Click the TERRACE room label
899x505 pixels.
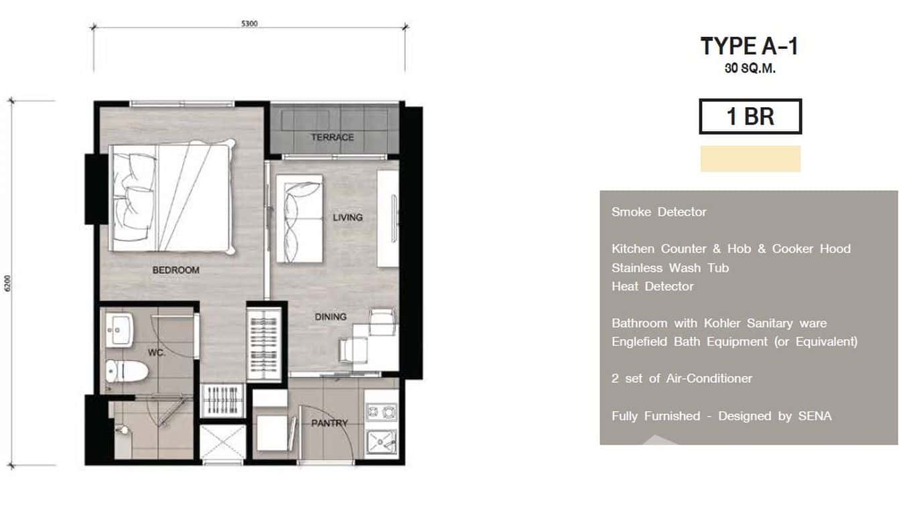coord(332,137)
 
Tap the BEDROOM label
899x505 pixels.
coord(176,270)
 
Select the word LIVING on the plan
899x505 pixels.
coord(348,218)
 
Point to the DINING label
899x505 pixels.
coord(330,317)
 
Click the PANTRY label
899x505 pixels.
coord(330,423)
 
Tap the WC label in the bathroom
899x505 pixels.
coord(156,352)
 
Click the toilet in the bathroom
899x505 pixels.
coord(127,371)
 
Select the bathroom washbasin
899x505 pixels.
coord(119,330)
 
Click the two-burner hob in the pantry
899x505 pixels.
coord(381,412)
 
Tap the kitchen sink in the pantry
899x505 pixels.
coord(381,443)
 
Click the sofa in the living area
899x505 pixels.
coord(299,218)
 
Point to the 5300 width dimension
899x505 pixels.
coord(249,23)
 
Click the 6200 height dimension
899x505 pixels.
coord(7,283)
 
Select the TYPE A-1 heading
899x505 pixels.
coord(750,46)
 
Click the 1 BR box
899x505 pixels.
coord(750,117)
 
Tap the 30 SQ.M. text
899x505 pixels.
coord(750,68)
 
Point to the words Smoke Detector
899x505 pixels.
coord(659,212)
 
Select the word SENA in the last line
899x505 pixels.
coord(815,416)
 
